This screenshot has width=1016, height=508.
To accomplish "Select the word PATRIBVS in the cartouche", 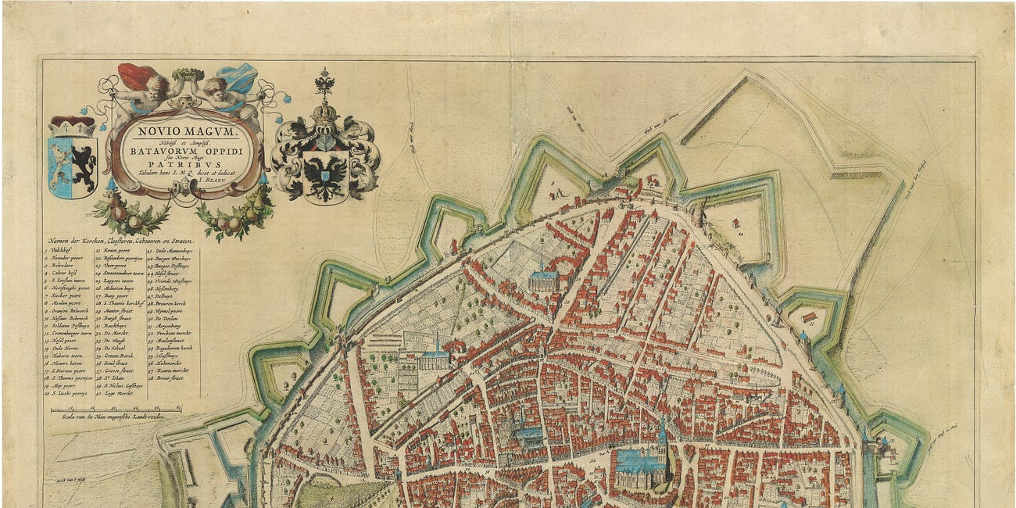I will pos(187,166).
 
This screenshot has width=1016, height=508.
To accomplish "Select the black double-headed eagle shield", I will pos(325,173).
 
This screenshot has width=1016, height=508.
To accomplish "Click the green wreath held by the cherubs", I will pos(187,75).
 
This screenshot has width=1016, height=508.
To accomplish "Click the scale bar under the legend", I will pos(116,409).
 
